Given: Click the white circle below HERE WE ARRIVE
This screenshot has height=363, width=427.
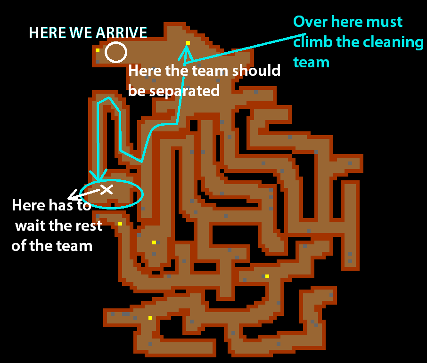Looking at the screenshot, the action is click(115, 52).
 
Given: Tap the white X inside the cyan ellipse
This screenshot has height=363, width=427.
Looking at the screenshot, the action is click(107, 189).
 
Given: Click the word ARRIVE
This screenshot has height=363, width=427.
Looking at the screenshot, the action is click(122, 32).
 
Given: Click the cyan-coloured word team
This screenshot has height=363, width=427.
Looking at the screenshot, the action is click(311, 62).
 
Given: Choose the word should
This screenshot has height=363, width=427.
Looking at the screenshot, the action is click(256, 71).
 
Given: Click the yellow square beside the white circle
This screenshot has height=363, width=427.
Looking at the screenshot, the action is click(98, 50).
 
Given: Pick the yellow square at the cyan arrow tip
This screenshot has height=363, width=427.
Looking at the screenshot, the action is click(188, 43).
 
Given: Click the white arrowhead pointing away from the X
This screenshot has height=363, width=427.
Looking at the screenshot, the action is click(71, 198).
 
